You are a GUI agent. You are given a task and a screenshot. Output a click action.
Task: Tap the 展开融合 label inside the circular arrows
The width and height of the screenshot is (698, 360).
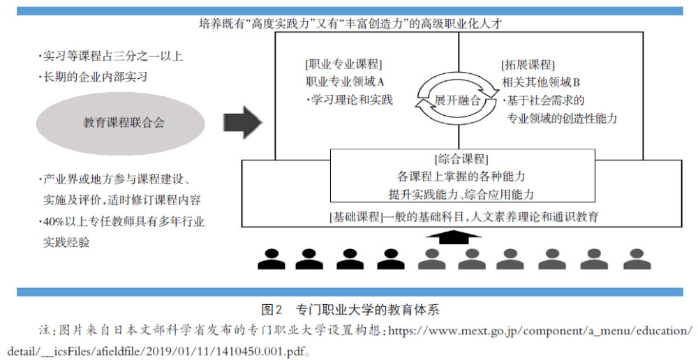[x=458, y=100]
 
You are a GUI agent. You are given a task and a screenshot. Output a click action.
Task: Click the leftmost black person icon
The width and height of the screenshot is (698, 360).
[x=272, y=259]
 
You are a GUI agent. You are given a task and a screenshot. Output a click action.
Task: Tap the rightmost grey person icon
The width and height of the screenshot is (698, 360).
[x=637, y=259]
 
